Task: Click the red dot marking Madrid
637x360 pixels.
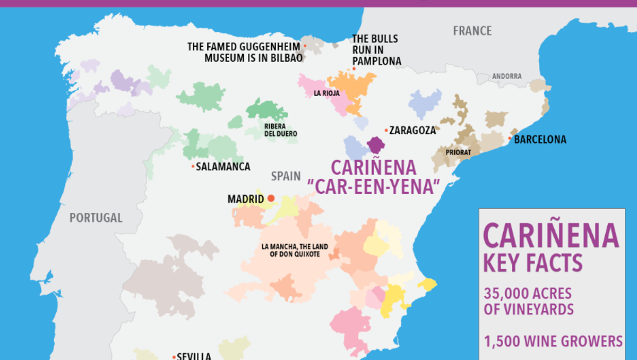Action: coord(271,198)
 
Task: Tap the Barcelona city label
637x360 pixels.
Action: coord(540,140)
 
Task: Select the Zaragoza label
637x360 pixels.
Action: coord(412,130)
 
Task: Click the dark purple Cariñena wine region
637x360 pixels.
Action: coord(376,144)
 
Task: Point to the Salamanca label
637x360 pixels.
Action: coord(223,167)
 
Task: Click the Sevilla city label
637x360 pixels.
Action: coord(194,356)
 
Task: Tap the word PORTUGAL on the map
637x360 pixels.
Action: coord(96,218)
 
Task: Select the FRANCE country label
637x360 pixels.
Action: coord(472,31)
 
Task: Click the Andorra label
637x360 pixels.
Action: coord(507,76)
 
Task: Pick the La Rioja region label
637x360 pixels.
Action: coord(326,93)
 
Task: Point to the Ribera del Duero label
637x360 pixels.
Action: coord(280,130)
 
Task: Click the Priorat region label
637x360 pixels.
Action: coord(458,152)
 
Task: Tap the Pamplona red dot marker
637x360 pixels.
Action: coord(354,69)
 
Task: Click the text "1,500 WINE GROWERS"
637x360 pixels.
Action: coord(553,341)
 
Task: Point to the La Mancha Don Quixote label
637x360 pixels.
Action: coord(295,251)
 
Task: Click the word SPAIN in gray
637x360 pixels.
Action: coord(286,176)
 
